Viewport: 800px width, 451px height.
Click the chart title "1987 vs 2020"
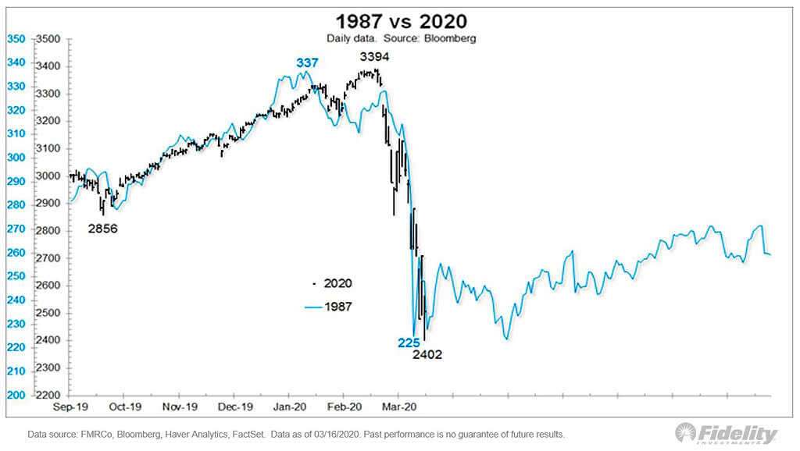(401, 21)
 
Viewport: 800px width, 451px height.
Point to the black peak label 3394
(374, 57)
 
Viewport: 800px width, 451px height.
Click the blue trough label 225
(407, 342)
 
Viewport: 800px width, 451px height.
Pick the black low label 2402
(428, 354)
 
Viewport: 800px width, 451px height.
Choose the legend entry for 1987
(328, 307)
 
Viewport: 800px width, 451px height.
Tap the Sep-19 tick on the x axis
(69, 406)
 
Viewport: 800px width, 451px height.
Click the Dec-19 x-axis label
(234, 406)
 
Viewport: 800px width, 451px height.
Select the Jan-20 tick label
(289, 406)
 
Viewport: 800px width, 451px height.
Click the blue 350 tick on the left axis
(16, 38)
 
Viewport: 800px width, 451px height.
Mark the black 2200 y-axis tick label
(49, 395)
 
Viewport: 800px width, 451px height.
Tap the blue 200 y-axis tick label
(16, 395)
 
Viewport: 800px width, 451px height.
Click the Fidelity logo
(727, 434)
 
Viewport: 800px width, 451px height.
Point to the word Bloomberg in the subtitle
(451, 37)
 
